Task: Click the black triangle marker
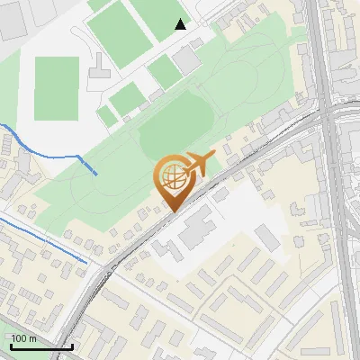pos(181,24)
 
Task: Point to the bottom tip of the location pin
pos(171,211)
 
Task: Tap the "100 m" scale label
pos(24,338)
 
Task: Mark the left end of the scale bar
pos(12,346)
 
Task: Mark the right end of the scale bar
pos(73,346)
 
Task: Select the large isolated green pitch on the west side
pos(57,88)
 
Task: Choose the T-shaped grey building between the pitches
pos(99,76)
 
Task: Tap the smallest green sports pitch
pos(107,116)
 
